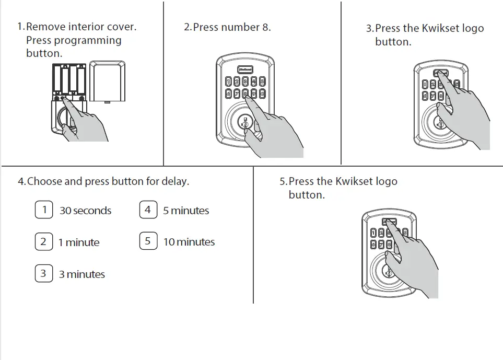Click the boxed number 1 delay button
(x=44, y=210)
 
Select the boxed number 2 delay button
(x=44, y=242)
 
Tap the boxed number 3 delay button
(x=44, y=274)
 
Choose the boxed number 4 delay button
(x=148, y=210)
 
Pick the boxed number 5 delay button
(x=148, y=241)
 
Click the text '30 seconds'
(x=85, y=211)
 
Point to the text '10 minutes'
(x=189, y=242)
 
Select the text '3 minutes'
(x=81, y=274)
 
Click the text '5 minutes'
(x=185, y=211)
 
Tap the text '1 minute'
(x=78, y=243)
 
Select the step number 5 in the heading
(x=283, y=182)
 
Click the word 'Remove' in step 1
(x=43, y=27)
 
